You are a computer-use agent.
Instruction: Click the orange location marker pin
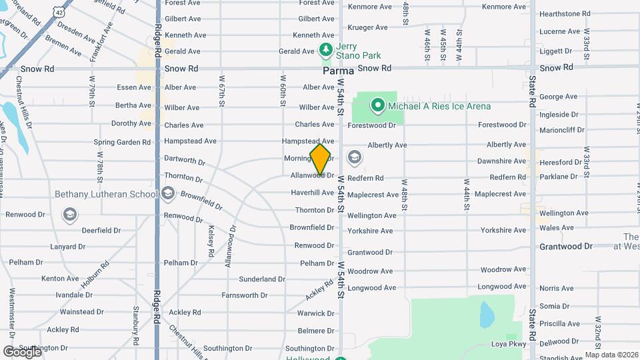[321, 159]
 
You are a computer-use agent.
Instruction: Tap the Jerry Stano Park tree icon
[325, 50]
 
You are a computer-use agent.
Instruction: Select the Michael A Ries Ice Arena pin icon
[378, 106]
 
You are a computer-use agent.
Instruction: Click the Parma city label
[337, 69]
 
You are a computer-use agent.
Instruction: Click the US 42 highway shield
[61, 13]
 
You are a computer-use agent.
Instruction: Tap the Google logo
[22, 351]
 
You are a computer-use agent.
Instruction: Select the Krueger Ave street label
[367, 27]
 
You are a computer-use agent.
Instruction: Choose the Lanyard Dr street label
[67, 247]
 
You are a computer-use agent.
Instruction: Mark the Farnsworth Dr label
[245, 295]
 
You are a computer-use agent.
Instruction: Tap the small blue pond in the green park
[487, 313]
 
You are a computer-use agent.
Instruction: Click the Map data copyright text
[611, 355]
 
